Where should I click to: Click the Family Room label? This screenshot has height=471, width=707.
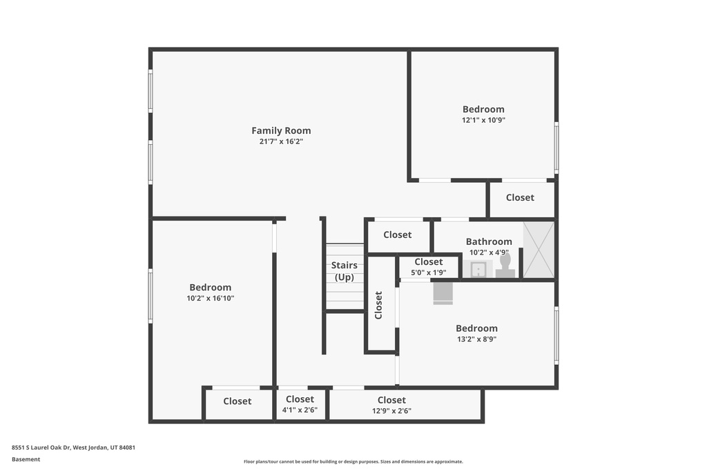pyautogui.click(x=281, y=130)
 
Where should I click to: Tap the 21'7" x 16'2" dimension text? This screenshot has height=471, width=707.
pyautogui.click(x=281, y=141)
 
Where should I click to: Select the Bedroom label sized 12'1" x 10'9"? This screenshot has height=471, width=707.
pyautogui.click(x=483, y=110)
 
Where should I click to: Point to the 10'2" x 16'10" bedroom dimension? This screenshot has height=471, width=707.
pyautogui.click(x=211, y=298)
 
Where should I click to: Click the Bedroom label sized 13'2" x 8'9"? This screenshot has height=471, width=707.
pyautogui.click(x=476, y=328)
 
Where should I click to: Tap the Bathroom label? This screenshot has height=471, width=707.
pyautogui.click(x=489, y=242)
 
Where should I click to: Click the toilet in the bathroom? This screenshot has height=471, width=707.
pyautogui.click(x=505, y=265)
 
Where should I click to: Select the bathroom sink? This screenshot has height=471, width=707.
pyautogui.click(x=478, y=269)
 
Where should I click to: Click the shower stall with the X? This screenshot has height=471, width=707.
pyautogui.click(x=539, y=250)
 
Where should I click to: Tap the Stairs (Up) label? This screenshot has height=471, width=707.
pyautogui.click(x=345, y=271)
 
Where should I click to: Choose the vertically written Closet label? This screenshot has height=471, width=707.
pyautogui.click(x=379, y=305)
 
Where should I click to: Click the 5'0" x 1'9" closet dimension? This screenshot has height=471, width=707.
pyautogui.click(x=428, y=272)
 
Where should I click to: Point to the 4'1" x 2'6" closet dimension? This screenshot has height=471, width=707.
pyautogui.click(x=300, y=410)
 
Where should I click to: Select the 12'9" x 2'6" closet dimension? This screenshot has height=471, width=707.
pyautogui.click(x=391, y=411)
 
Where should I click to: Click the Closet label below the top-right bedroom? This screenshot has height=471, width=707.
pyautogui.click(x=520, y=198)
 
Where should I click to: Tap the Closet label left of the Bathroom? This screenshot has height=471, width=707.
pyautogui.click(x=397, y=234)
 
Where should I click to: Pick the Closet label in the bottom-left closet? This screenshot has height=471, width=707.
pyautogui.click(x=238, y=401)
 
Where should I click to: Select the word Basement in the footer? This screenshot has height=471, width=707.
pyautogui.click(x=26, y=459)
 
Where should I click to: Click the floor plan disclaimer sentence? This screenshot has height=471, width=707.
pyautogui.click(x=353, y=461)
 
